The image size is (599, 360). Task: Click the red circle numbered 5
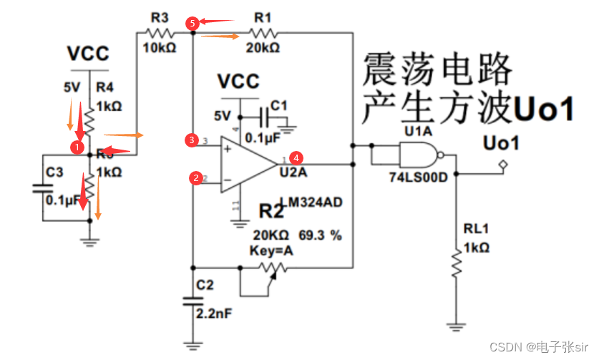tap(192, 23)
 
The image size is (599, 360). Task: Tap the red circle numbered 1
tap(76, 146)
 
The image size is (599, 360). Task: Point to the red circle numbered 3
tap(192, 139)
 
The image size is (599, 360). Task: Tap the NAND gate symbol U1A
tap(417, 155)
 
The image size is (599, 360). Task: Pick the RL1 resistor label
tap(476, 230)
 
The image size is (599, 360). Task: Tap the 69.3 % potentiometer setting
tap(321, 235)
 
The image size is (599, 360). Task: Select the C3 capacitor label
tap(54, 172)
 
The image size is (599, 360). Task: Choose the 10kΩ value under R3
tap(158, 48)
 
